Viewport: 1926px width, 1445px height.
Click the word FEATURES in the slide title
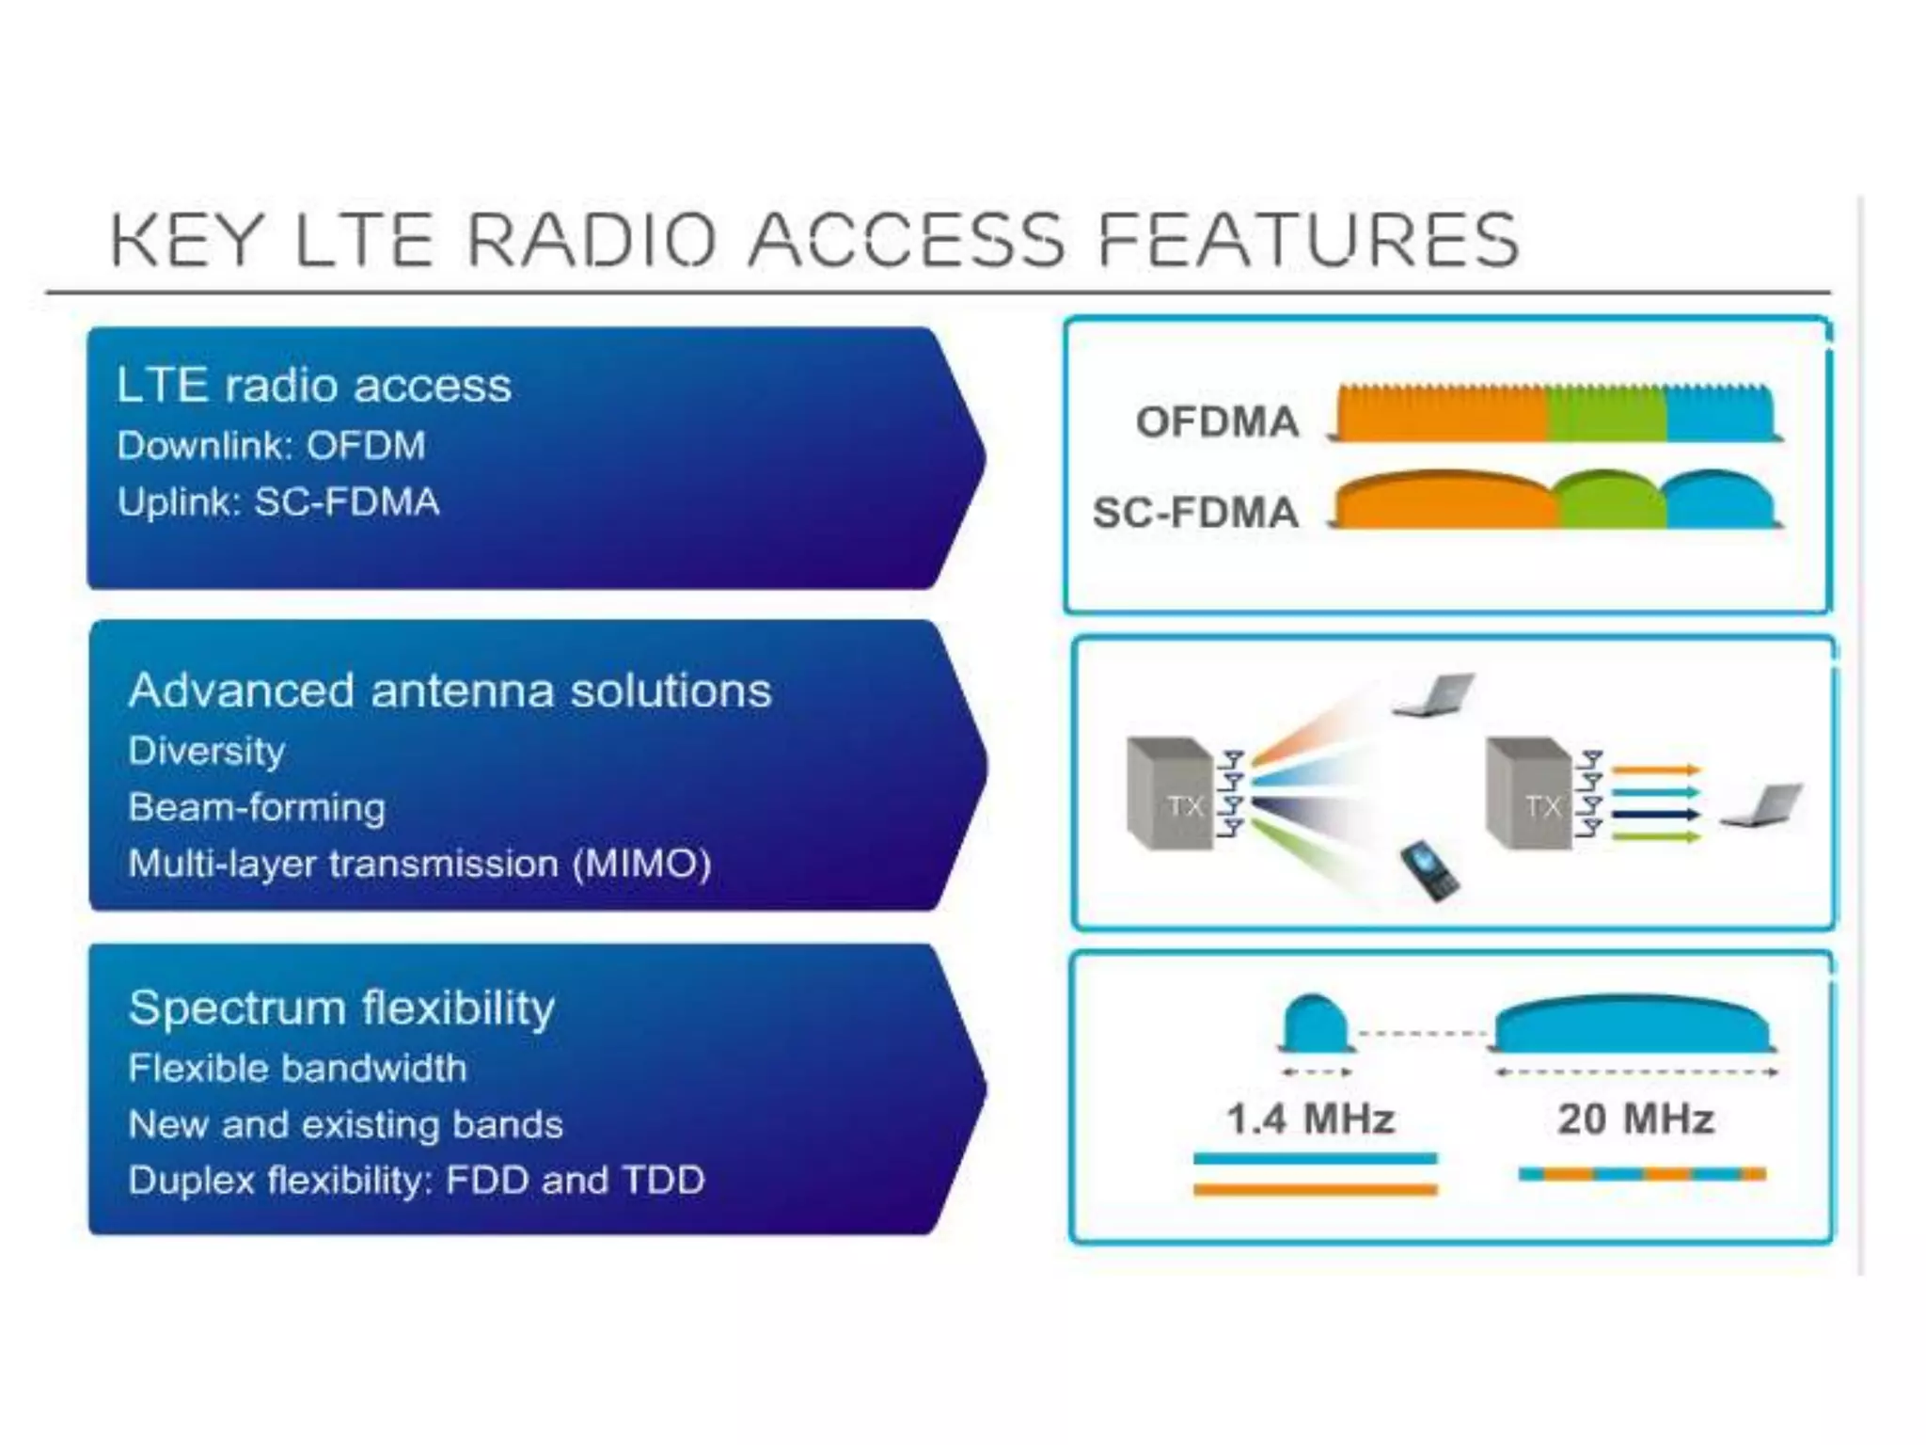click(x=1308, y=240)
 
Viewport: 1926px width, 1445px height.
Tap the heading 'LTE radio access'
click(x=314, y=385)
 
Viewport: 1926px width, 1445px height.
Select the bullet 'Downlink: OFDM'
click(x=272, y=445)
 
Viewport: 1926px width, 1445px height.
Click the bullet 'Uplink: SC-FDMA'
click(x=278, y=501)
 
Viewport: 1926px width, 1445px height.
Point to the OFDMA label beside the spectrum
click(x=1217, y=421)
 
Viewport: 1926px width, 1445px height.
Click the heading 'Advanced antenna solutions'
click(x=450, y=690)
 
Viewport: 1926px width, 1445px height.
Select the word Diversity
click(x=207, y=751)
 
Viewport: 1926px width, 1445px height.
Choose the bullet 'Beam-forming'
click(x=257, y=807)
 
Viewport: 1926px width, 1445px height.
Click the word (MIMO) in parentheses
click(x=642, y=864)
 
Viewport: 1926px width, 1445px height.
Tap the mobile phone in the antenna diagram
click(x=1429, y=871)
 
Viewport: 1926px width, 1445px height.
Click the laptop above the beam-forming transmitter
click(x=1432, y=695)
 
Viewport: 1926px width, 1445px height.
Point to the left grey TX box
click(x=1169, y=795)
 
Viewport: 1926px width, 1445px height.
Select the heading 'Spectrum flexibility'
click(x=341, y=1008)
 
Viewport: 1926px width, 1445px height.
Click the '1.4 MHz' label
click(x=1310, y=1119)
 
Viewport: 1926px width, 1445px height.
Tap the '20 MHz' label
click(x=1635, y=1119)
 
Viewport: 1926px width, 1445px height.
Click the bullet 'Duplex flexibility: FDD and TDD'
click(x=417, y=1180)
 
